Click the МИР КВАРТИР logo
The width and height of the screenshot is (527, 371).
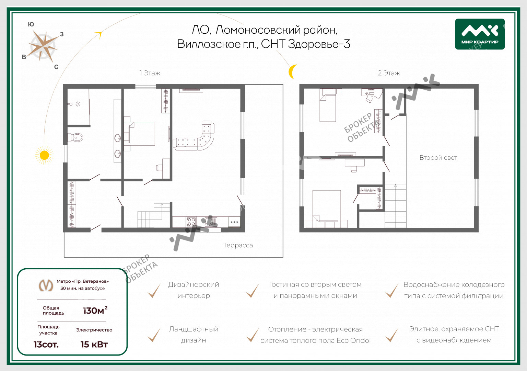click(480, 34)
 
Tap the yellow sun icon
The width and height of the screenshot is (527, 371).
click(44, 155)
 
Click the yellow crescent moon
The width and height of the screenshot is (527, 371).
click(292, 71)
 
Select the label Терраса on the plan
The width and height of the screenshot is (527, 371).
click(238, 246)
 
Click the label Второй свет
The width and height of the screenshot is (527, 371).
click(438, 158)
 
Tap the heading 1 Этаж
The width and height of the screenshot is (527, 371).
click(150, 73)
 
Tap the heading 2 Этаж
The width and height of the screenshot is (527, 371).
click(389, 73)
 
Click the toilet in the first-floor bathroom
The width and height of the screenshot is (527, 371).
click(75, 137)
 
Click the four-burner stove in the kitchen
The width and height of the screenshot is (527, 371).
click(191, 222)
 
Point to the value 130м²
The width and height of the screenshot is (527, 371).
click(95, 310)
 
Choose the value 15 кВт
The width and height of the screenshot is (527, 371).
click(94, 345)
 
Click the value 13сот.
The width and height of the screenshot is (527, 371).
click(46, 345)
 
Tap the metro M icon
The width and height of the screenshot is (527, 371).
click(46, 285)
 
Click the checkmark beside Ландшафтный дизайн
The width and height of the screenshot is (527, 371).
click(154, 335)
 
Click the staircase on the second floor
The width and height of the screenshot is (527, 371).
click(396, 206)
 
